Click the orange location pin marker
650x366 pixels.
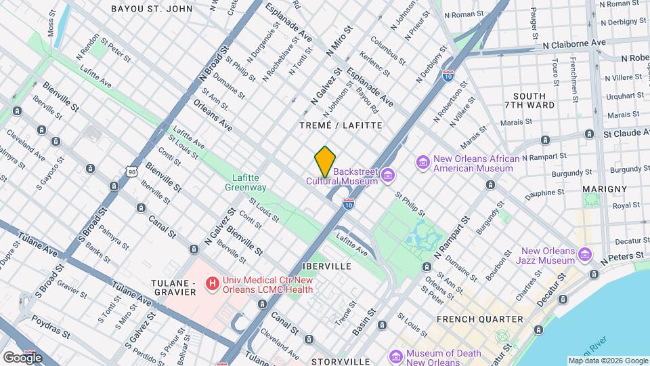[x=325, y=161]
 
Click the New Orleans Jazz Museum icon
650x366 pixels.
[x=586, y=256]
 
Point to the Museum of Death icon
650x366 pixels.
[x=396, y=357]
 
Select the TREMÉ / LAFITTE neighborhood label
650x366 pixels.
[x=341, y=125]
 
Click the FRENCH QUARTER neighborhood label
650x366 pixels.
[x=479, y=319]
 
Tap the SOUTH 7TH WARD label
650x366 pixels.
[x=534, y=100]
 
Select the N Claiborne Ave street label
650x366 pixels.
[x=574, y=43]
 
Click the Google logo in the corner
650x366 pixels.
[x=22, y=357]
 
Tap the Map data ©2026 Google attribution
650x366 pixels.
[x=607, y=361]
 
